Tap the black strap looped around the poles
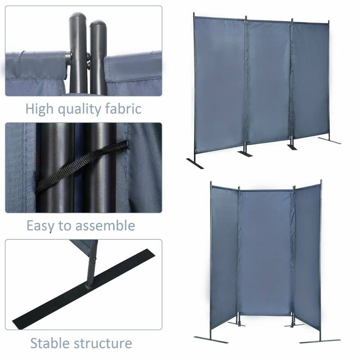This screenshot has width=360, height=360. [x=81, y=166]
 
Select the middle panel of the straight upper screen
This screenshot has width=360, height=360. [x=268, y=83]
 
